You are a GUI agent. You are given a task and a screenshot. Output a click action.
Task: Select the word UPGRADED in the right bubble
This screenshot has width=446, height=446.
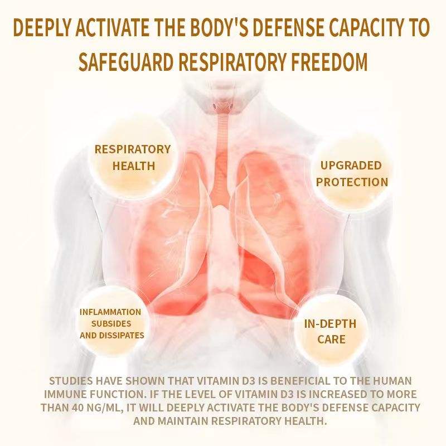351,166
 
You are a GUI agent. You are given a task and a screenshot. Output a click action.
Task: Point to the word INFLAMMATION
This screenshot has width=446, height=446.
110,312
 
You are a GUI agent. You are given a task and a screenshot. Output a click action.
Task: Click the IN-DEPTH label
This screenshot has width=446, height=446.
329,324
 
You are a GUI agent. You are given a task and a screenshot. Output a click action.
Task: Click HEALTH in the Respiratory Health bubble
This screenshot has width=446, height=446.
134,166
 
